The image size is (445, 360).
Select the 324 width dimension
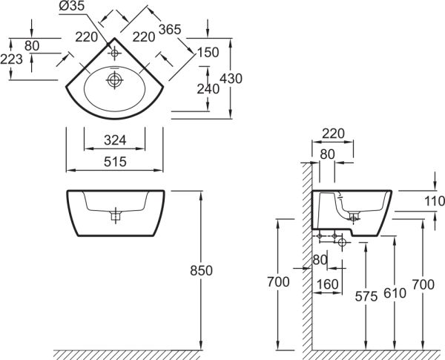tap(113, 139)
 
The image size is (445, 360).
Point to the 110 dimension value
tap(435, 201)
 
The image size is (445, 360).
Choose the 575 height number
tap(366, 294)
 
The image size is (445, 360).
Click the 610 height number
tap(395, 294)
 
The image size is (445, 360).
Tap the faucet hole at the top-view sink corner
tap(114, 53)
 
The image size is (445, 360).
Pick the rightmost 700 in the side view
tap(423, 284)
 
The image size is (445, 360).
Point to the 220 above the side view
tap(334, 134)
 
